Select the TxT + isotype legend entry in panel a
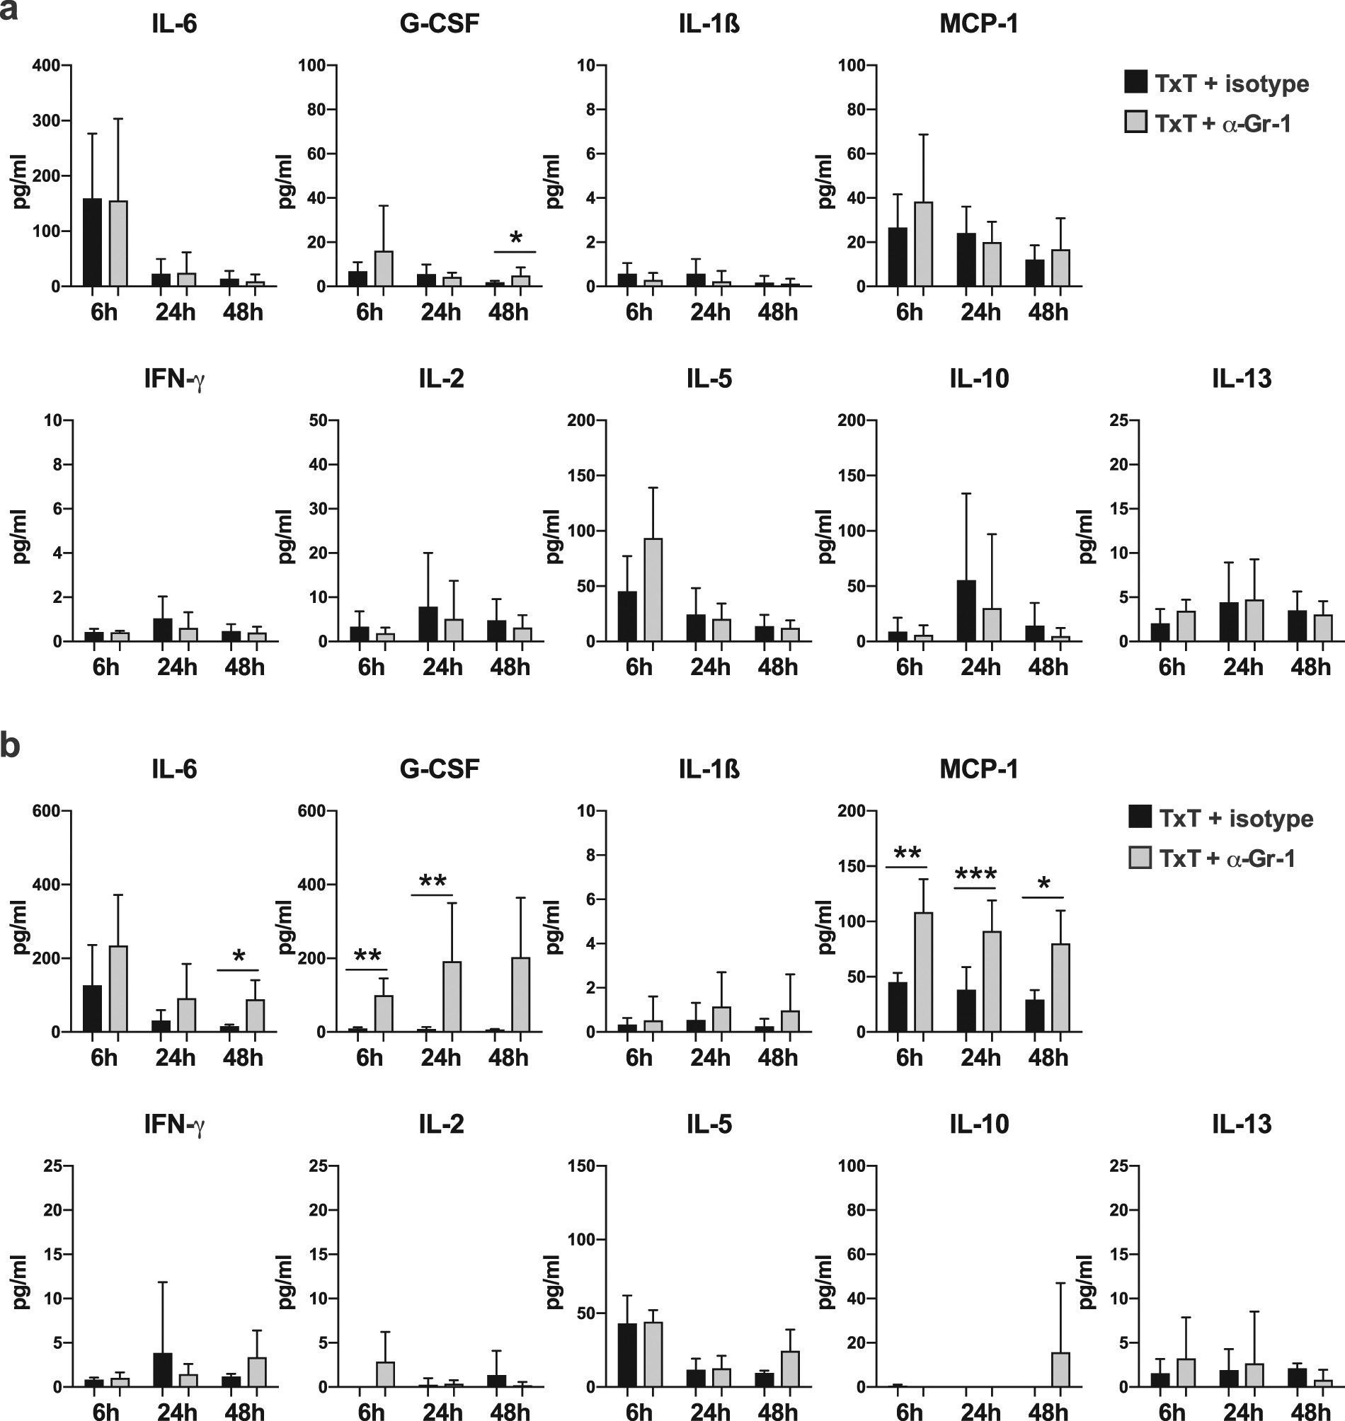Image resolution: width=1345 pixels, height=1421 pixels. click(x=1217, y=83)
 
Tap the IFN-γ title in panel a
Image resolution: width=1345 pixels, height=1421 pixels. click(x=174, y=379)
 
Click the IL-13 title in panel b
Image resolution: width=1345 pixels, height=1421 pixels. click(x=1241, y=1124)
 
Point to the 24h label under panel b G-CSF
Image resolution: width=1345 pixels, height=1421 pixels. click(x=440, y=1058)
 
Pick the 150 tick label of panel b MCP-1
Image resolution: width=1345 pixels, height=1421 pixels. click(x=852, y=866)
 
